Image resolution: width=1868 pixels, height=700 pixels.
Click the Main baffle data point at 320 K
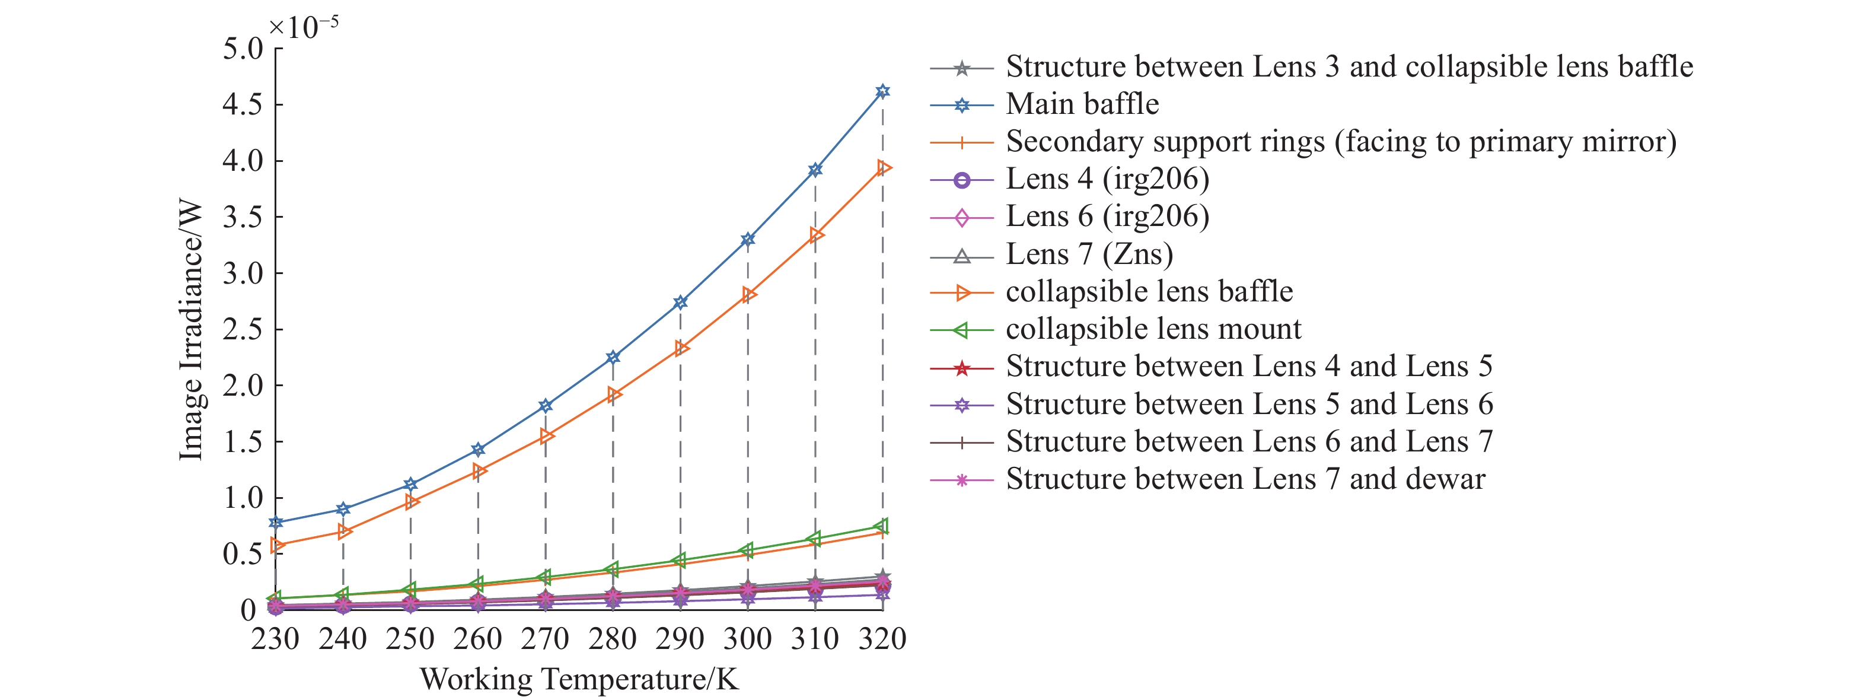click(x=882, y=91)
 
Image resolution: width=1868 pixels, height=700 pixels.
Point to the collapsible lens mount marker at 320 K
click(x=882, y=526)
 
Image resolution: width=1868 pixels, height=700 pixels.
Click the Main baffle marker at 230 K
click(x=276, y=522)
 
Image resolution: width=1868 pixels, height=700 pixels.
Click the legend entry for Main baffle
click(x=1082, y=104)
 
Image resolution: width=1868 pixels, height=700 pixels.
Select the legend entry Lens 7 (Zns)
click(x=1089, y=254)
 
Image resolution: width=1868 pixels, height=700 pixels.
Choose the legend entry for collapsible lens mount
click(x=1153, y=329)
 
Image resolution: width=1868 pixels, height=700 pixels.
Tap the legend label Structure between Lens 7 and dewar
click(x=1245, y=479)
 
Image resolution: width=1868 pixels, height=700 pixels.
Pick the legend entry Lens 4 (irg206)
click(x=1107, y=179)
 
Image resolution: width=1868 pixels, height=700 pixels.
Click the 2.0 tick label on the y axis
click(x=243, y=385)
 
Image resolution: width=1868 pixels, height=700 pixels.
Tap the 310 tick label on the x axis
click(x=815, y=639)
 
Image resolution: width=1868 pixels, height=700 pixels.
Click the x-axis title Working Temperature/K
click(x=579, y=680)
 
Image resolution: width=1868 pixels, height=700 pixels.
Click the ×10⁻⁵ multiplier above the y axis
click(x=303, y=27)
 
